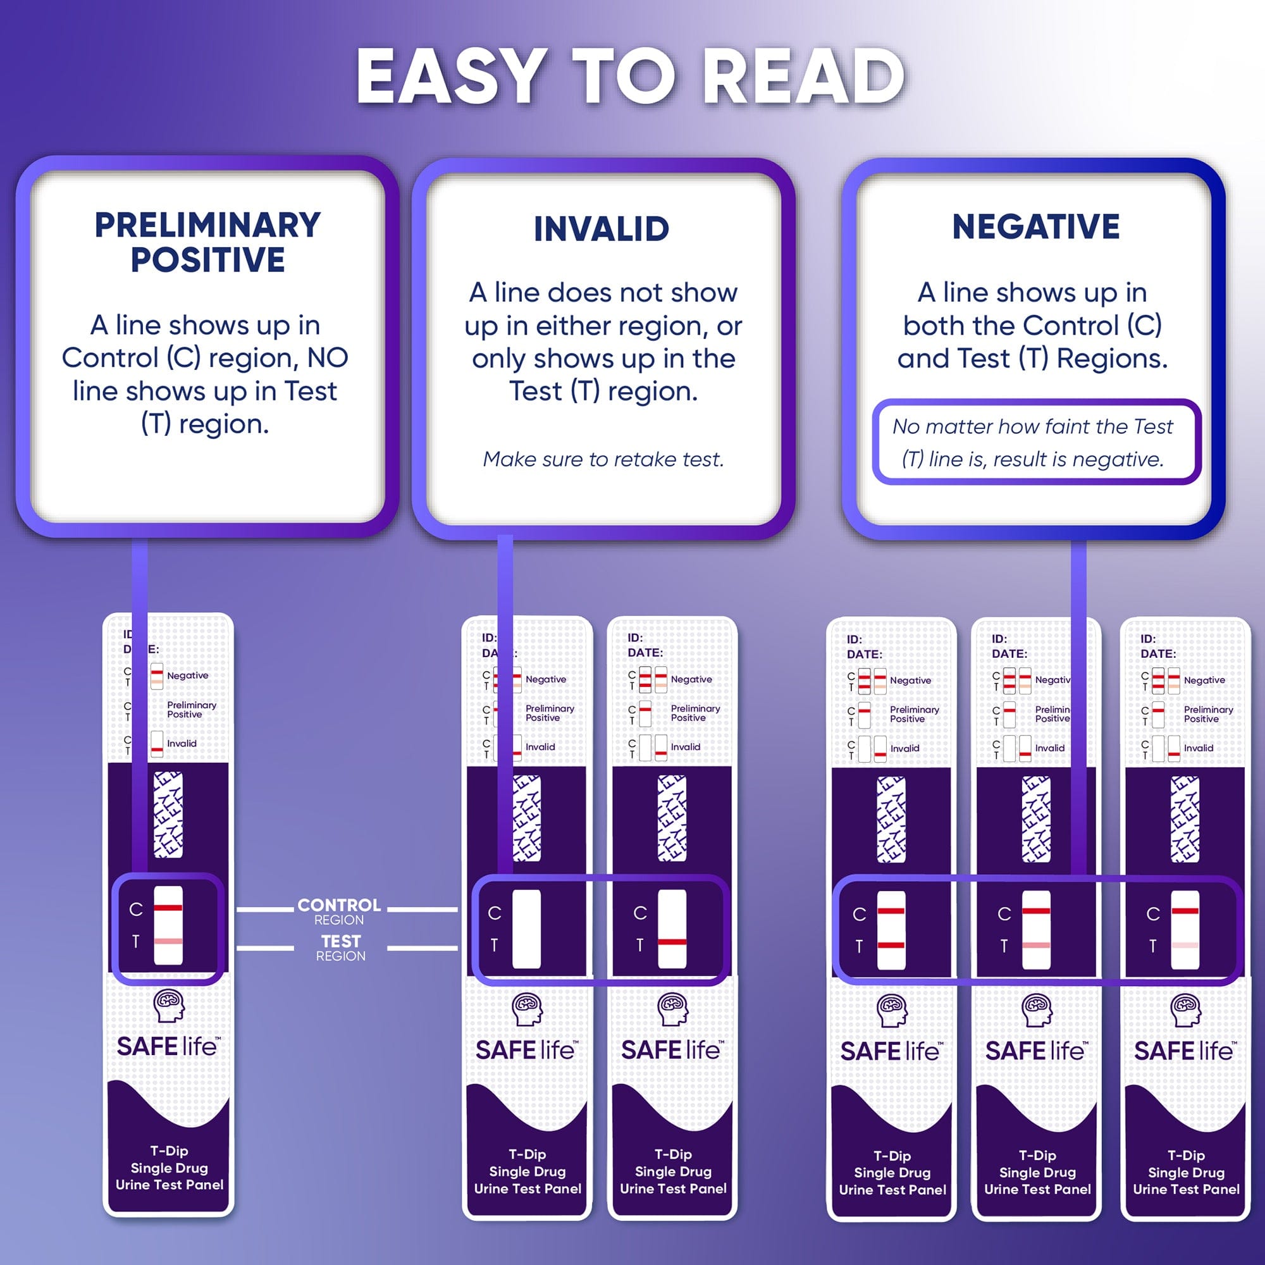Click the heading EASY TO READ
[631, 77]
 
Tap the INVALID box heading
[601, 229]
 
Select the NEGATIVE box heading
[1036, 226]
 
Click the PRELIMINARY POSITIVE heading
[207, 242]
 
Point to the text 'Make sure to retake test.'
[603, 459]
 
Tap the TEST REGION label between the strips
[340, 947]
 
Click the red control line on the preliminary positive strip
[168, 908]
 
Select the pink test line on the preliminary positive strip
[168, 941]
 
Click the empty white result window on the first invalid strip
[526, 929]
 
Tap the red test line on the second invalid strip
[672, 942]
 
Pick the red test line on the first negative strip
[891, 945]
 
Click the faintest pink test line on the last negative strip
[1185, 945]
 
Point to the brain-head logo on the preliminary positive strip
[169, 1005]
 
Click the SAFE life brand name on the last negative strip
[1184, 1052]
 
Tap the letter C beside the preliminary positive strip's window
[135, 910]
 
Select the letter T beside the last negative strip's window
[1152, 946]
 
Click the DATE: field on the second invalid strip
[645, 653]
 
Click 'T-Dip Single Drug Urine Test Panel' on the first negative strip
[892, 1173]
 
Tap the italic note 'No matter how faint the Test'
[1033, 427]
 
